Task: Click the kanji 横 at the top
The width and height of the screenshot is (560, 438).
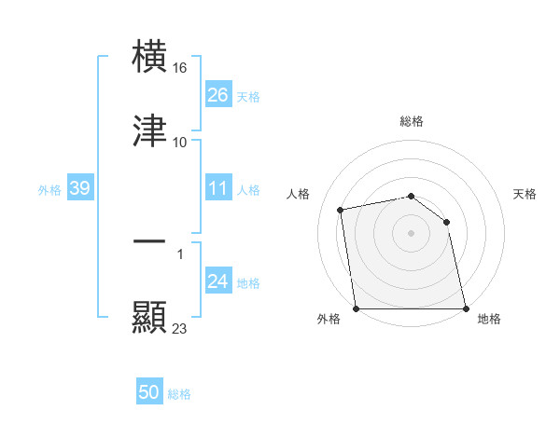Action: pyautogui.click(x=150, y=57)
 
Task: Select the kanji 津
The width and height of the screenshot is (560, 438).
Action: pyautogui.click(x=150, y=130)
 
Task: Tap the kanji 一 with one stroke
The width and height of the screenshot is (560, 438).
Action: pyautogui.click(x=150, y=241)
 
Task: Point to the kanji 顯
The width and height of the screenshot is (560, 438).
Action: pyautogui.click(x=150, y=316)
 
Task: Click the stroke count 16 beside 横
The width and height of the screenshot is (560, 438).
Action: pyautogui.click(x=181, y=68)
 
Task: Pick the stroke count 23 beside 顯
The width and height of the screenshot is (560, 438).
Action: pyautogui.click(x=180, y=328)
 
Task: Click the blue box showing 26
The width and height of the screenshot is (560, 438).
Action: pyautogui.click(x=218, y=95)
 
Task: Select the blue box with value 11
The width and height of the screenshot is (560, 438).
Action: pyautogui.click(x=218, y=189)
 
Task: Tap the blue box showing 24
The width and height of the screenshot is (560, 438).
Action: pyautogui.click(x=218, y=281)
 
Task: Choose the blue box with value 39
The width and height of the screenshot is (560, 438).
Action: pyautogui.click(x=80, y=189)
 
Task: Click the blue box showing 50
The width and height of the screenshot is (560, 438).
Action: pyautogui.click(x=149, y=392)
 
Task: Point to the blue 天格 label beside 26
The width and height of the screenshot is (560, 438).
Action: pyautogui.click(x=247, y=97)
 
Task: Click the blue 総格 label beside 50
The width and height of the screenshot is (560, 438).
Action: pyautogui.click(x=179, y=394)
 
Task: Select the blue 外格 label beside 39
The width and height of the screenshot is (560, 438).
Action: pyautogui.click(x=49, y=190)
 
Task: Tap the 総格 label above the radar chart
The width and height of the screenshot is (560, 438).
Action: pyautogui.click(x=412, y=121)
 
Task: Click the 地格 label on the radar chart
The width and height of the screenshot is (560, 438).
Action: pyautogui.click(x=489, y=319)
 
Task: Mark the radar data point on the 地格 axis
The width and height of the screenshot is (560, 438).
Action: pyautogui.click(x=465, y=308)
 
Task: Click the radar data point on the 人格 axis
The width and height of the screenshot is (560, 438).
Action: pyautogui.click(x=342, y=210)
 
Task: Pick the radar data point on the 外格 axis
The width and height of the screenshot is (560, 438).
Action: pyautogui.click(x=357, y=308)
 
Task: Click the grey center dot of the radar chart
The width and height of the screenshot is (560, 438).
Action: pyautogui.click(x=412, y=233)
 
